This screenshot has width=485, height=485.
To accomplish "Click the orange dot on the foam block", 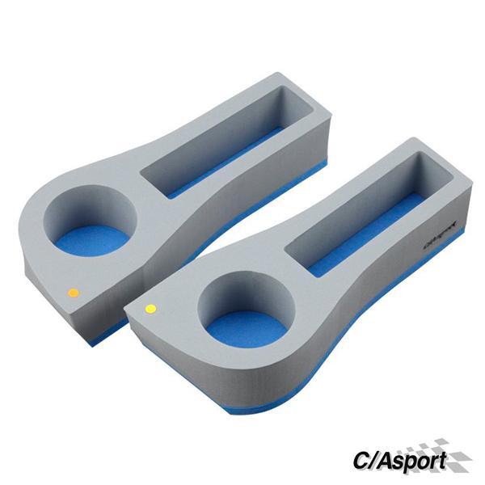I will pyautogui.click(x=73, y=292).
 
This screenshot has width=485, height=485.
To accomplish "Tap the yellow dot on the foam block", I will pyautogui.click(x=150, y=308).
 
